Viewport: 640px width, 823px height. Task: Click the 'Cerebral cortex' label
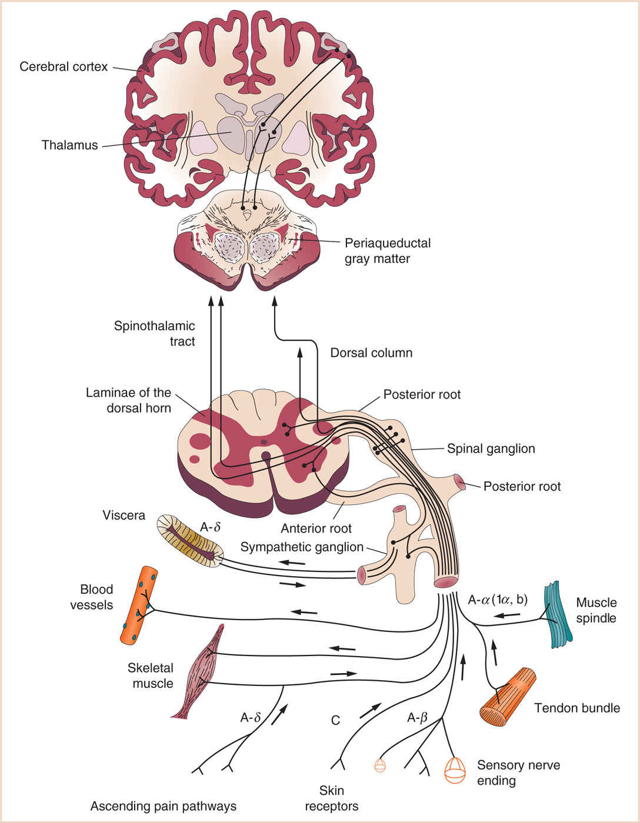[64, 66]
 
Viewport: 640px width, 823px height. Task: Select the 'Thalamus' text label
[69, 145]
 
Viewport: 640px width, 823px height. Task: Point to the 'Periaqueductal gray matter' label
[387, 251]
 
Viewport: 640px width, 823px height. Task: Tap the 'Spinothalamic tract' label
[154, 333]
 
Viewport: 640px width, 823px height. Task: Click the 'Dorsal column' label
[371, 353]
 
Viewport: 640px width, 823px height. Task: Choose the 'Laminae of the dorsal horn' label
[128, 400]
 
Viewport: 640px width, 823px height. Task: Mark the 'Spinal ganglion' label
[491, 449]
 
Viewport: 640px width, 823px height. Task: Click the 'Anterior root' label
[316, 528]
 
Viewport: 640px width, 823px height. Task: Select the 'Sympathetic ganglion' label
[302, 547]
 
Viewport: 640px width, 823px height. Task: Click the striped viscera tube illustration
[190, 541]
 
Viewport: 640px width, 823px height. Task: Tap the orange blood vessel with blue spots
[139, 605]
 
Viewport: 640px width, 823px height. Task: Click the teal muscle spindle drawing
[561, 614]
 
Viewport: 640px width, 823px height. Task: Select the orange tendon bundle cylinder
[508, 698]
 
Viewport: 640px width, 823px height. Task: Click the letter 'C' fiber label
[335, 720]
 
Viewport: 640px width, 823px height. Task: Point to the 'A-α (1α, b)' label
[497, 600]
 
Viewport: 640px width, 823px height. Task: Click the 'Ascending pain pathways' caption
[163, 806]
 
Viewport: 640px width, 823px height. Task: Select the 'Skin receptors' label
[331, 798]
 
